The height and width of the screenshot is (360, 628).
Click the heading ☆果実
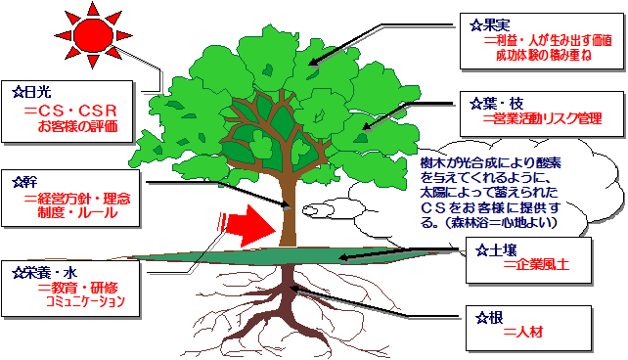(x=490, y=22)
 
